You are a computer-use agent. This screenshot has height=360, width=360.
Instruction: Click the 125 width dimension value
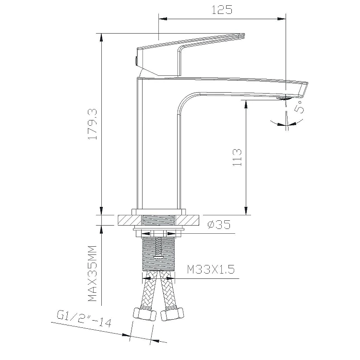pos(222,10)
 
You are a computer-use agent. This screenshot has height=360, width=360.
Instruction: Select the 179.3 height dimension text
pos(93,124)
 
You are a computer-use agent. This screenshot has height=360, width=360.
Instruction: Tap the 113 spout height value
pos(237,157)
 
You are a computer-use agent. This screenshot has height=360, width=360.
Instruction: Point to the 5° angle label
pos(299,107)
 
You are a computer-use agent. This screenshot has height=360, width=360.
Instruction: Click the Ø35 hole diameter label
pos(219,225)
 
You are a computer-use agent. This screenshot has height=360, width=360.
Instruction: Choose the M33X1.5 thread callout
pos(211,269)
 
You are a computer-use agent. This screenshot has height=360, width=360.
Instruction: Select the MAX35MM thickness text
pos(93,273)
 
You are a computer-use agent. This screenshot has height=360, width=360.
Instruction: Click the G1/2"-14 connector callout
pos(84,319)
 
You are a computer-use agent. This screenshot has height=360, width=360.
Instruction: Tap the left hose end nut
pos(144,314)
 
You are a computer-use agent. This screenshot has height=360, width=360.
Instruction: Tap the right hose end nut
pos(172,314)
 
